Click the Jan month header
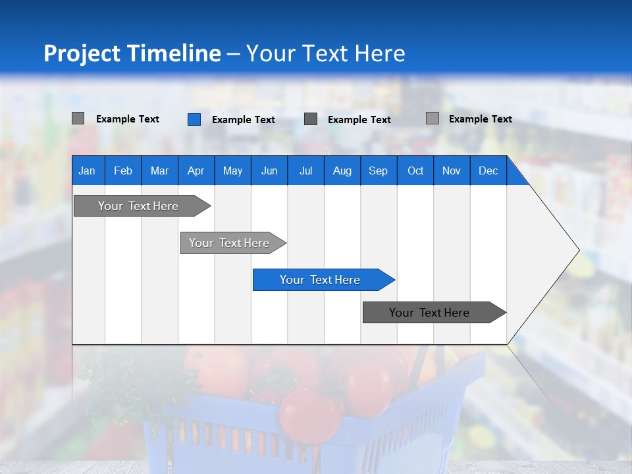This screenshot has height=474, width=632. coord(87,171)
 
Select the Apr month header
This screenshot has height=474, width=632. coord(196,171)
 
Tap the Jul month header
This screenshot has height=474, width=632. coord(305,171)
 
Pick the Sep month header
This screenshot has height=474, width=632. coord(378,171)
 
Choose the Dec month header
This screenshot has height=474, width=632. coord(488,171)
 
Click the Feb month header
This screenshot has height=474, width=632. coord(123,171)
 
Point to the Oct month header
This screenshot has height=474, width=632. coord(415,171)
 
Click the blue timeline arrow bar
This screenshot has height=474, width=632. coord(323,280)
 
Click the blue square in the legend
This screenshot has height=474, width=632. coord(194,119)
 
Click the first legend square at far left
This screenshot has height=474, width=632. coord(78,118)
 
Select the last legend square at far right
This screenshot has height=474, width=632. coord(433,118)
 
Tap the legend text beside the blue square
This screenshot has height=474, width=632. coord(243,120)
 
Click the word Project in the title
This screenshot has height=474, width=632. coord(81,53)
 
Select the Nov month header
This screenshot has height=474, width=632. coord(452,171)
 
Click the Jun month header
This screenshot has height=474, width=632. coord(269,171)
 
